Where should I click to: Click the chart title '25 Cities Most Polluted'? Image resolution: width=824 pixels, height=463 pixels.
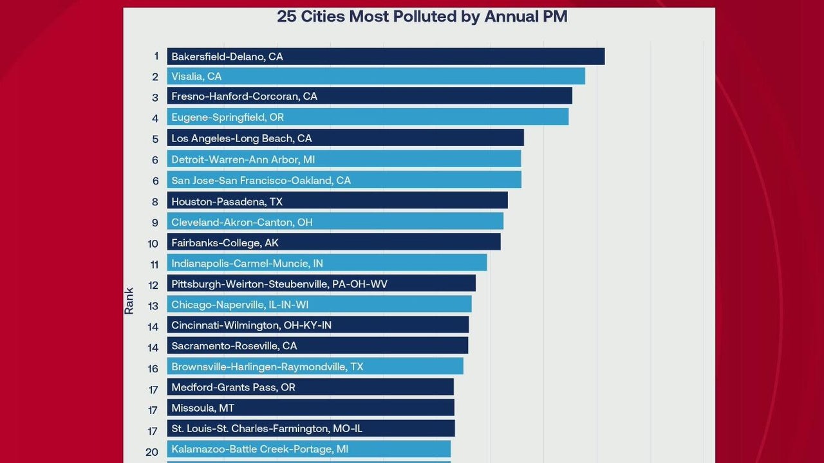coord(422,17)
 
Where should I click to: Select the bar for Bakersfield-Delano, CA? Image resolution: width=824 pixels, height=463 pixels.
coord(386,57)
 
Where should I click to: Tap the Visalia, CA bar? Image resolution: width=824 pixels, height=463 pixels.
coord(376,77)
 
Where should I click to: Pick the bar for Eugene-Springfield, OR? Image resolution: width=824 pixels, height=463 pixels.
coord(368,118)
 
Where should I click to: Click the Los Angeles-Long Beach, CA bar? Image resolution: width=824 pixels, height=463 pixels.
coord(345,138)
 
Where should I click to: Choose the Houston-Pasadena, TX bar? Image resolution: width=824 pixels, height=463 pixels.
coord(337,201)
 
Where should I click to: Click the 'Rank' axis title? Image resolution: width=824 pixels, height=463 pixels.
coord(129,300)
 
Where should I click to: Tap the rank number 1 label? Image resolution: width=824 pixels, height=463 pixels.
coord(156,57)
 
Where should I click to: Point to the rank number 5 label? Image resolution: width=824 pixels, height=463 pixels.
coord(155,139)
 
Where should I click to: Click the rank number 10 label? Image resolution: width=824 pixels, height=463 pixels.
coord(153,244)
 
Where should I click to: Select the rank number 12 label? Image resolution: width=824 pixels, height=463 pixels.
coord(153,285)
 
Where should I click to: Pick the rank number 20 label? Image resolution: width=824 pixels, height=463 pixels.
coord(152,451)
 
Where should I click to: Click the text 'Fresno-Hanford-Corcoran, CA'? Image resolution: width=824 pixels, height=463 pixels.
coord(244,96)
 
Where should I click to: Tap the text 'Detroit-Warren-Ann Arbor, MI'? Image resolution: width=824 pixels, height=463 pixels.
coord(243,159)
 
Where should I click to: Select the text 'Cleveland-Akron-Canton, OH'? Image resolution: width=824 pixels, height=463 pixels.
coord(241,222)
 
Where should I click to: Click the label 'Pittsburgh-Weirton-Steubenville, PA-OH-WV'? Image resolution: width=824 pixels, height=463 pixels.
coord(279,284)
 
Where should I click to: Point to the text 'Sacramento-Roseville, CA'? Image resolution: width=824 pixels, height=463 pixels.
coord(234,346)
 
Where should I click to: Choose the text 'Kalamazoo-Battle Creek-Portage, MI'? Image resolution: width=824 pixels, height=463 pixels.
coord(259,449)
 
